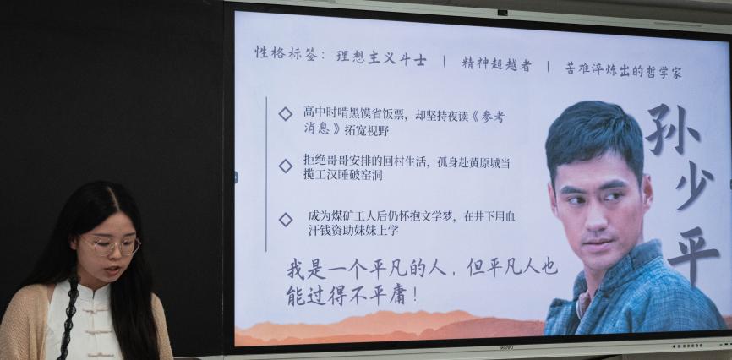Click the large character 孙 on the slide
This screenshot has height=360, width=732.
pyautogui.click(x=673, y=129)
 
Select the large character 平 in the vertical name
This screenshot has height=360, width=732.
pyautogui.click(x=693, y=255)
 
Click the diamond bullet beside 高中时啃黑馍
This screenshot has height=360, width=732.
pyautogui.click(x=285, y=113)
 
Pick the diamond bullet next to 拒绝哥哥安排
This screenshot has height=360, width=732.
pyautogui.click(x=285, y=166)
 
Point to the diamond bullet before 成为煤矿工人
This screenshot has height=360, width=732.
pyautogui.click(x=285, y=220)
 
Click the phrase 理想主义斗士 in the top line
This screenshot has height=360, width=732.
pyautogui.click(x=381, y=58)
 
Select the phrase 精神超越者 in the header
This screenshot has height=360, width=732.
pyautogui.click(x=496, y=64)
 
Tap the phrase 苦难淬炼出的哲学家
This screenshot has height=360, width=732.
pyautogui.click(x=624, y=70)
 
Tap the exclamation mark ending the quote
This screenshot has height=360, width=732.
pyautogui.click(x=414, y=297)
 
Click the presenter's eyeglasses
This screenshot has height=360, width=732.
pyautogui.click(x=110, y=246)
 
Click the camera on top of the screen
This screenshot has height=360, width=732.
pyautogui.click(x=502, y=13)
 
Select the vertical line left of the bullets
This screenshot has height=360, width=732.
pyautogui.click(x=266, y=174)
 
